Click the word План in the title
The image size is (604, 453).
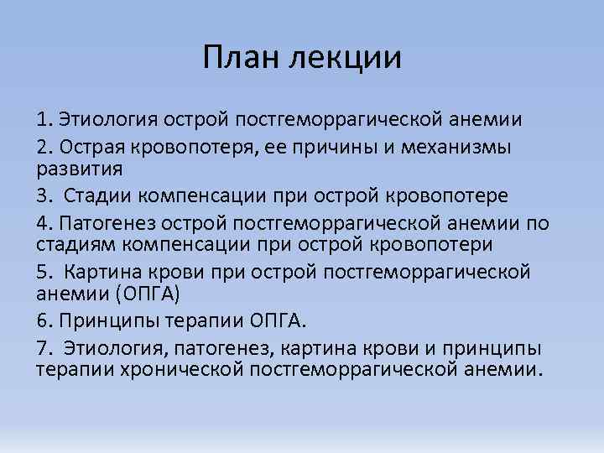(239, 57)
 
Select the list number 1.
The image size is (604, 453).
(43, 119)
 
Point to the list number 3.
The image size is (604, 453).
(43, 195)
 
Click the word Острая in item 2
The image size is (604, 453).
(87, 146)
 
